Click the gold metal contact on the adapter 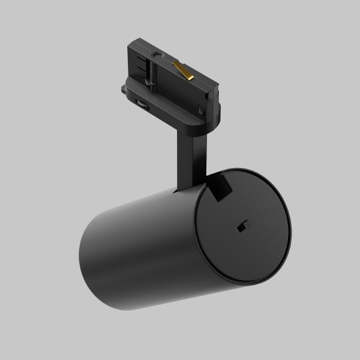coord(184,70)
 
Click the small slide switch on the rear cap coord(242,226)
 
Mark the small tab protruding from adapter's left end coord(124,91)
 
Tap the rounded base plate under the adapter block coord(180,117)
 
